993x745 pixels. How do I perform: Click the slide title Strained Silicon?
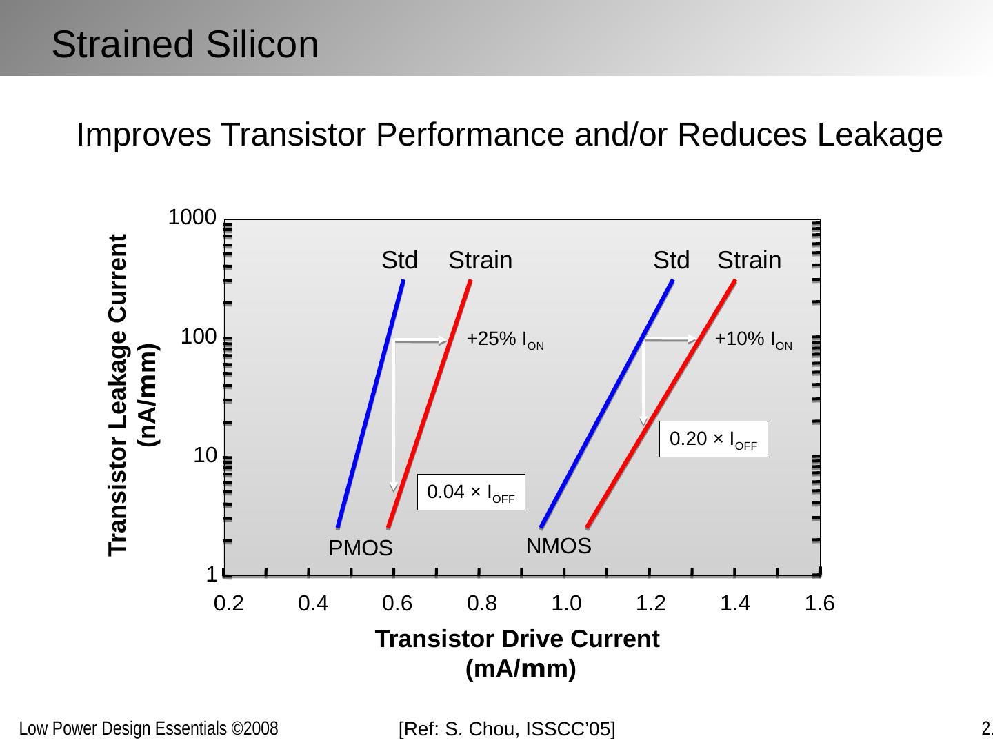(185, 45)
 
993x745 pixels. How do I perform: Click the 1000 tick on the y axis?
(192, 218)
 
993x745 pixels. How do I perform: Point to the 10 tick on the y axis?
(205, 455)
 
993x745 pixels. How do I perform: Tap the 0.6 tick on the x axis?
(397, 604)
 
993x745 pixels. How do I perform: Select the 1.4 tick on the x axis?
(734, 604)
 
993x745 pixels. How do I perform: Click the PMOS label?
(360, 549)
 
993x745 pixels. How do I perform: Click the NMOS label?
(559, 546)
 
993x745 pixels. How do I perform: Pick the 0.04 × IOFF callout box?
(471, 493)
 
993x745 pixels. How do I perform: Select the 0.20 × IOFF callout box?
(713, 439)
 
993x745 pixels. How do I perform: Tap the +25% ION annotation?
(505, 339)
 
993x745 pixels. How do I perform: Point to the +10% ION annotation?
(753, 339)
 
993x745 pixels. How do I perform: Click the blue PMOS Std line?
(370, 404)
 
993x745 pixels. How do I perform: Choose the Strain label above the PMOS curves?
(481, 260)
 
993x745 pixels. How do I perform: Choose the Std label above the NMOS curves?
(671, 260)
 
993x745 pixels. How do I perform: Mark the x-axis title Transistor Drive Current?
(517, 639)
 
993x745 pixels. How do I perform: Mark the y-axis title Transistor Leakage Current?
(118, 395)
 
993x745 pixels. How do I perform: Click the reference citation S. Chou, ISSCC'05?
(507, 729)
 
